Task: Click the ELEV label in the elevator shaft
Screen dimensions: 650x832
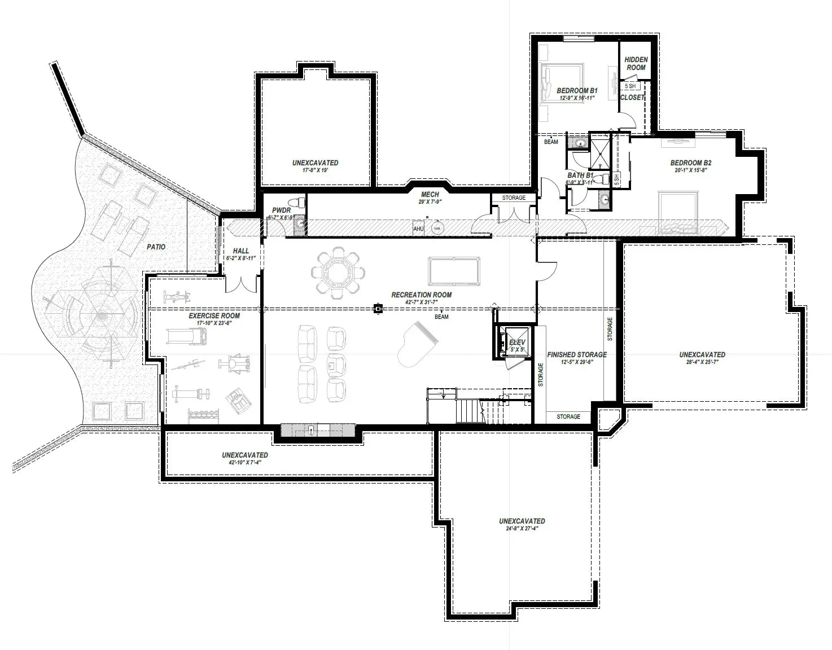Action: (517, 342)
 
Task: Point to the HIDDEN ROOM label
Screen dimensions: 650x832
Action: (636, 63)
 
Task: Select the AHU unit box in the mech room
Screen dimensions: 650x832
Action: (418, 228)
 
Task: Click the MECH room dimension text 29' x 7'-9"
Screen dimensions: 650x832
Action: (430, 202)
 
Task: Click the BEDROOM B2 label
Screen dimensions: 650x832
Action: (690, 163)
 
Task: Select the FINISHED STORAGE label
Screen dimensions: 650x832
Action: (577, 355)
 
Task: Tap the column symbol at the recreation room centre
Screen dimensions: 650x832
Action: (378, 309)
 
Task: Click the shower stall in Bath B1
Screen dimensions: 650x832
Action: (599, 151)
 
